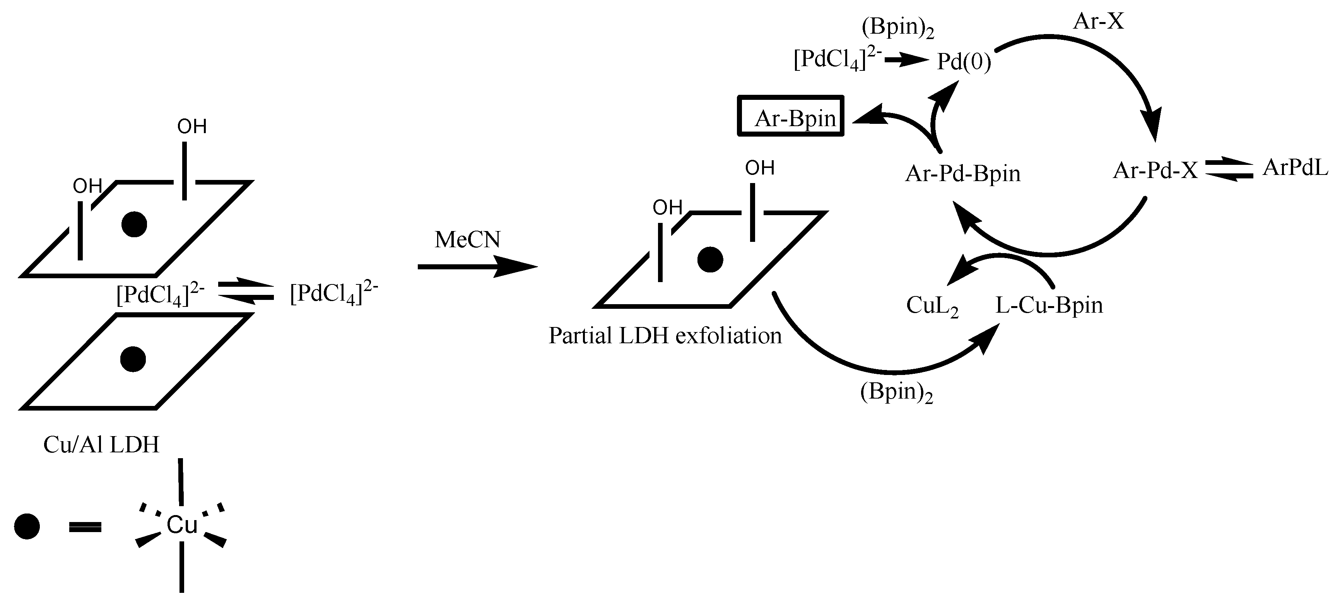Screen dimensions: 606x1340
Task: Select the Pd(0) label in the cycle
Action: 963,62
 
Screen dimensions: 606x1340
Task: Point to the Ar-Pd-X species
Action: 1155,171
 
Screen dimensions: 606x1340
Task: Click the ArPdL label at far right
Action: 1295,168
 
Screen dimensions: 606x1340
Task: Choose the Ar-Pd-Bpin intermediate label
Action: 962,174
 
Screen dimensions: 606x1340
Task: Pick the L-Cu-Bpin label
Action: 1049,305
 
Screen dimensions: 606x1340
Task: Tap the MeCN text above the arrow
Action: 467,240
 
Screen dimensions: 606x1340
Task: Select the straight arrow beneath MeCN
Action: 476,267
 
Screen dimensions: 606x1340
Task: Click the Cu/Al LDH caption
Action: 101,445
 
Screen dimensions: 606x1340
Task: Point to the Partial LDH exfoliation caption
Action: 665,336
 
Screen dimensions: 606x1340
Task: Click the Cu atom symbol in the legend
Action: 181,526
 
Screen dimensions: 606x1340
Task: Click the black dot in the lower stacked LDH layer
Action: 133,359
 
